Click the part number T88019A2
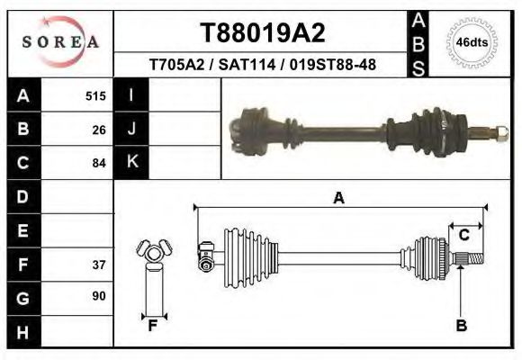pyautogui.click(x=262, y=33)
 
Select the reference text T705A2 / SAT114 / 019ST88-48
pyautogui.click(x=262, y=65)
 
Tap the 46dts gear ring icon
pyautogui.click(x=472, y=42)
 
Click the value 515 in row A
pyautogui.click(x=95, y=95)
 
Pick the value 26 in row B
pyautogui.click(x=99, y=129)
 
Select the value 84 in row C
pyautogui.click(x=99, y=163)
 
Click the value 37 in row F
pyautogui.click(x=99, y=265)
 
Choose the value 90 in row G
pyautogui.click(x=99, y=296)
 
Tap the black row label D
pyautogui.click(x=22, y=195)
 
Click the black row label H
pyautogui.click(x=22, y=332)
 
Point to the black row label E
pyautogui.click(x=22, y=230)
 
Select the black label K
pyautogui.click(x=131, y=161)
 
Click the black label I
pyautogui.click(x=131, y=94)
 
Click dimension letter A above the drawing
pyautogui.click(x=338, y=198)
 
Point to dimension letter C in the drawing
pyautogui.click(x=464, y=236)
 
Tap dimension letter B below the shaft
pyautogui.click(x=461, y=326)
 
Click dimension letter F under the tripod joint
pyautogui.click(x=153, y=326)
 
